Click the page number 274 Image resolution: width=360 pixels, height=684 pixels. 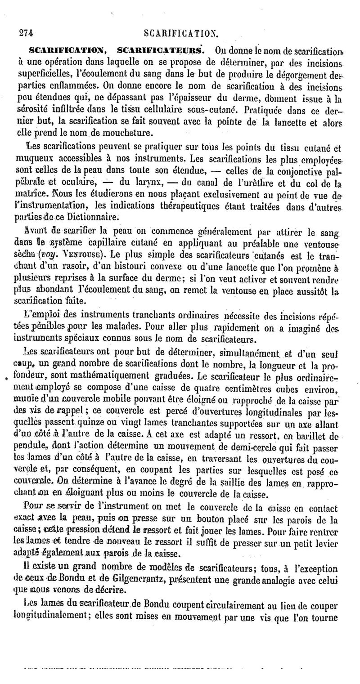pos(27,32)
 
